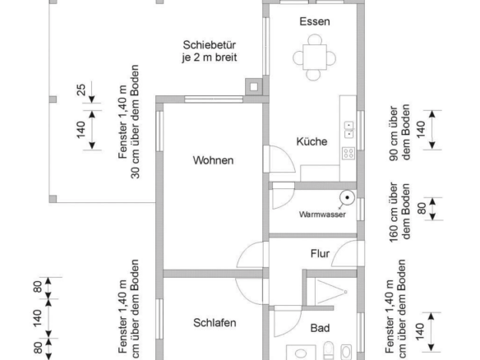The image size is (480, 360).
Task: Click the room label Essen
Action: pyautogui.click(x=315, y=21)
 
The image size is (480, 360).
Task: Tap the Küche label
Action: pyautogui.click(x=312, y=141)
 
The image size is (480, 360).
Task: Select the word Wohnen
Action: pyautogui.click(x=213, y=160)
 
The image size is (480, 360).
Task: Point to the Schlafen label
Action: pyautogui.click(x=215, y=323)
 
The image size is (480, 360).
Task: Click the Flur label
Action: pyautogui.click(x=320, y=253)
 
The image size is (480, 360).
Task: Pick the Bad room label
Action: pyautogui.click(x=320, y=328)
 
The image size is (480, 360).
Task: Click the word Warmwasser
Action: pyautogui.click(x=322, y=215)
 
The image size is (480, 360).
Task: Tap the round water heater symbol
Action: pyautogui.click(x=347, y=198)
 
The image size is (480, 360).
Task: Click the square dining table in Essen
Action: pyautogui.click(x=315, y=58)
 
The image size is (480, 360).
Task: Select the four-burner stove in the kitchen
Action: pyautogui.click(x=348, y=153)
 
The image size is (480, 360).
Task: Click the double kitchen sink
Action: pyautogui.click(x=349, y=130)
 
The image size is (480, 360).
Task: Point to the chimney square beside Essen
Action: pyautogui.click(x=254, y=87)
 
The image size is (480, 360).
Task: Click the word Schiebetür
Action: pyautogui.click(x=210, y=45)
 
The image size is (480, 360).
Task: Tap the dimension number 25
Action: pyautogui.click(x=81, y=90)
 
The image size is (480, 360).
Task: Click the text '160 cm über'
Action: pyautogui.click(x=394, y=212)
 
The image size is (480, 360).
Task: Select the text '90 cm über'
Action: pyautogui.click(x=394, y=133)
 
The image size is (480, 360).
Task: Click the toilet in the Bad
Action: pyautogui.click(x=328, y=351)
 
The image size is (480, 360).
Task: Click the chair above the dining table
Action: pyautogui.click(x=315, y=39)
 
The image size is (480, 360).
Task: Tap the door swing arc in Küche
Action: pyautogui.click(x=286, y=155)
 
